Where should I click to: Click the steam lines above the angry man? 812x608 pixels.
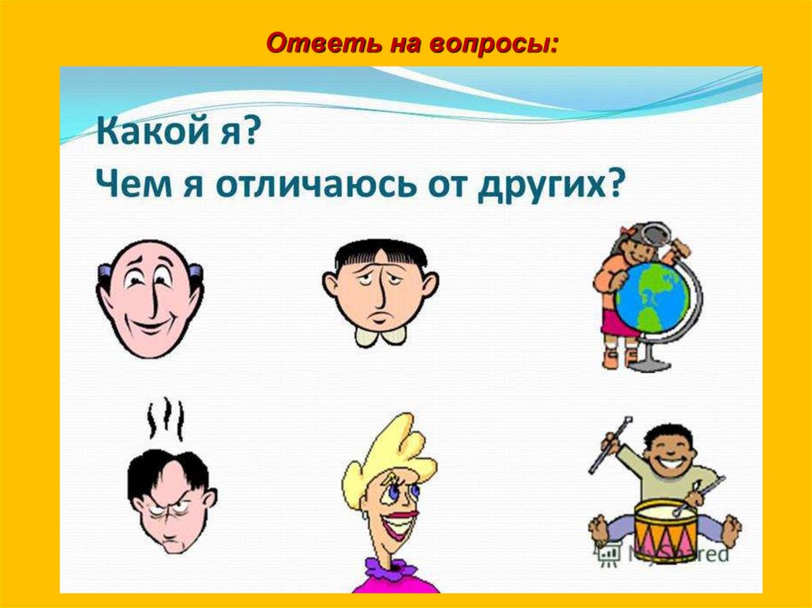click(x=167, y=418)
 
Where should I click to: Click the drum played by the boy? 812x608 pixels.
click(x=665, y=530)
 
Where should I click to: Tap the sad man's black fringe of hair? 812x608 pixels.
click(x=380, y=254)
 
